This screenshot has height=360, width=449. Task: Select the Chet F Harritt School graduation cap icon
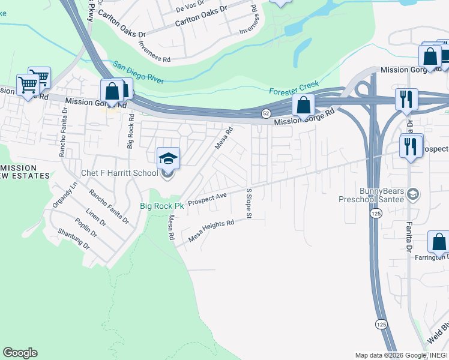click(x=168, y=158)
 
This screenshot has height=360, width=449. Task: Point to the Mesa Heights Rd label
click(x=211, y=231)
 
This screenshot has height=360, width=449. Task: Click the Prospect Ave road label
click(x=207, y=199)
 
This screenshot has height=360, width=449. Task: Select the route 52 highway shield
click(x=265, y=113)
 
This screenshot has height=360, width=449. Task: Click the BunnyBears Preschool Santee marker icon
click(x=412, y=194)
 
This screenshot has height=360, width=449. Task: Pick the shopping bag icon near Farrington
click(x=438, y=242)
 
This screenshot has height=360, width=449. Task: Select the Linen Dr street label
click(x=95, y=217)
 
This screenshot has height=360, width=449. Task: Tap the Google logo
click(x=20, y=353)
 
